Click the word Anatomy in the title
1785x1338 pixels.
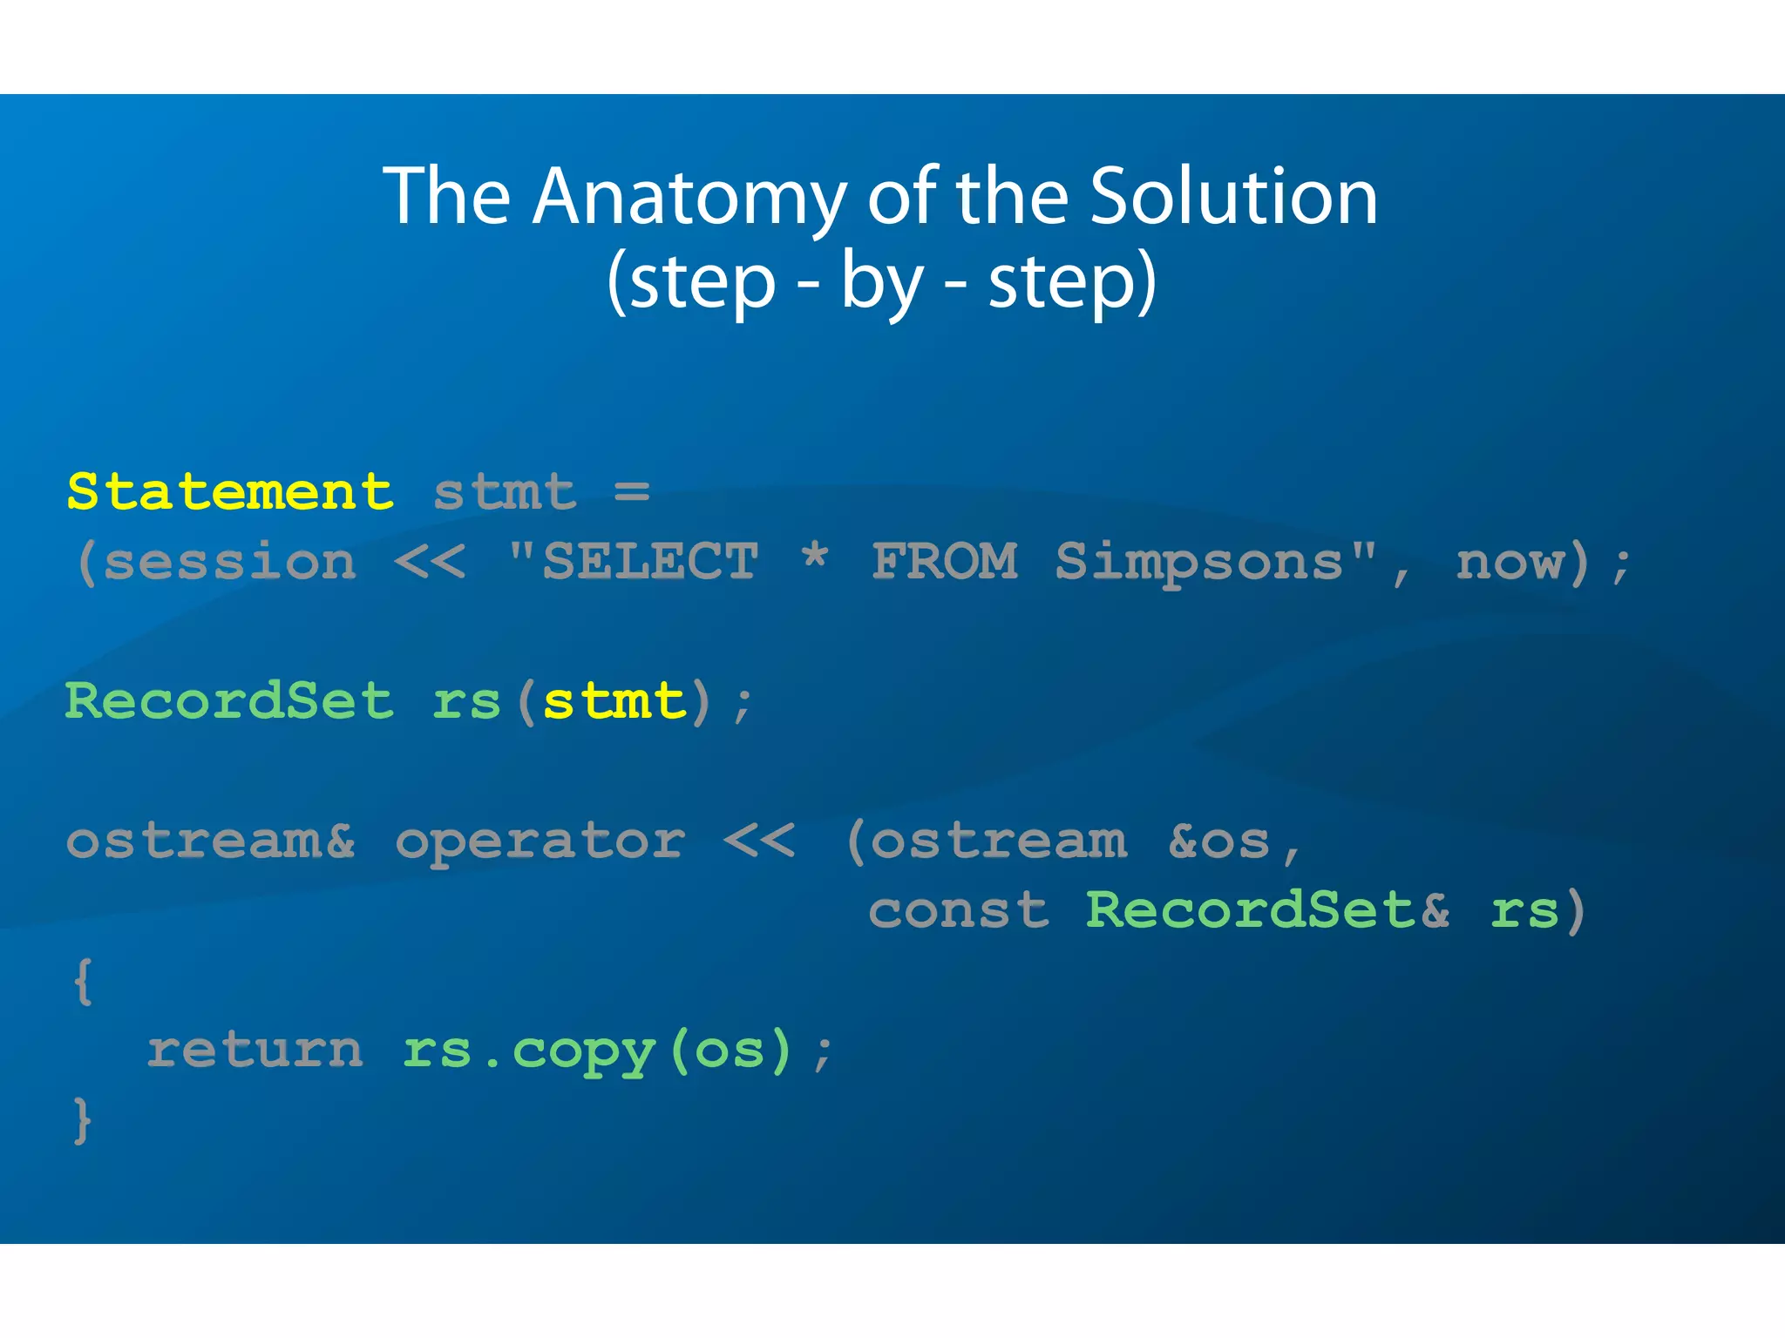click(688, 199)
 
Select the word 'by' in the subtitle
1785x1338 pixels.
click(880, 282)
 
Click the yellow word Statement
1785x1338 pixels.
click(230, 492)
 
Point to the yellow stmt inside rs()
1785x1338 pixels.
click(614, 701)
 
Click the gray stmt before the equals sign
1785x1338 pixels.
click(505, 492)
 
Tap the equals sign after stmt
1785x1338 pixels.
click(632, 492)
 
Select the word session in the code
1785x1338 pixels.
click(230, 562)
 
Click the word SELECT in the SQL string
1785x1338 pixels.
click(650, 562)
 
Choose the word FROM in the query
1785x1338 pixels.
click(945, 562)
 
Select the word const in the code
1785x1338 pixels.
click(959, 911)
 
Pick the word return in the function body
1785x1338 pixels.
click(255, 1051)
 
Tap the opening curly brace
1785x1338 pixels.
click(84, 982)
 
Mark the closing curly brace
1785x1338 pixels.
click(83, 1120)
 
